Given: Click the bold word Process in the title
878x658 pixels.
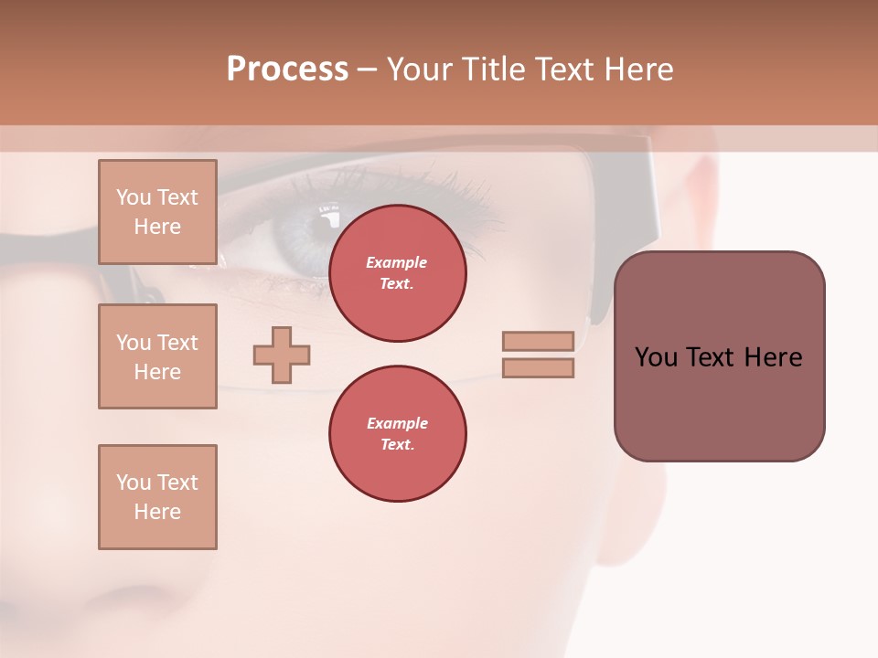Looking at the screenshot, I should [x=287, y=69].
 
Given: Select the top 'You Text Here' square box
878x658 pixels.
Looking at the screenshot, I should [x=157, y=212].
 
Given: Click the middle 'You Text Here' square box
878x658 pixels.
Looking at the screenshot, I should [x=157, y=356].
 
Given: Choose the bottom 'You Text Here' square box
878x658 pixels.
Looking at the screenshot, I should [x=157, y=497].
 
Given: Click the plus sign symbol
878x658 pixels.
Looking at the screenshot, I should [x=282, y=355].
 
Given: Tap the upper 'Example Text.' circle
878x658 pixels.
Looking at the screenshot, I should [x=397, y=273].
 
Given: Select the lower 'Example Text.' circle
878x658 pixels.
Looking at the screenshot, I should [x=397, y=434].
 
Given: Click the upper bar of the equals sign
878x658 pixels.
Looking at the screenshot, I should [x=538, y=341].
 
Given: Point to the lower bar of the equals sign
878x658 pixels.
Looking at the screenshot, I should [x=538, y=368].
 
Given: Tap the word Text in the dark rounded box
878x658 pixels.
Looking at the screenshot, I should [x=712, y=357].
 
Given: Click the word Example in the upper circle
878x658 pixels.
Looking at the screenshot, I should [x=397, y=262].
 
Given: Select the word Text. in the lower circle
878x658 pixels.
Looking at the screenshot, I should [x=397, y=445].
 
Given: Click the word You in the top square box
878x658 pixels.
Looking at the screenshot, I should [x=133, y=197].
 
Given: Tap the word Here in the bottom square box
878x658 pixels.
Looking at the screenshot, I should [x=157, y=512].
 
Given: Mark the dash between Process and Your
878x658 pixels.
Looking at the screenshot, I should [x=367, y=69].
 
